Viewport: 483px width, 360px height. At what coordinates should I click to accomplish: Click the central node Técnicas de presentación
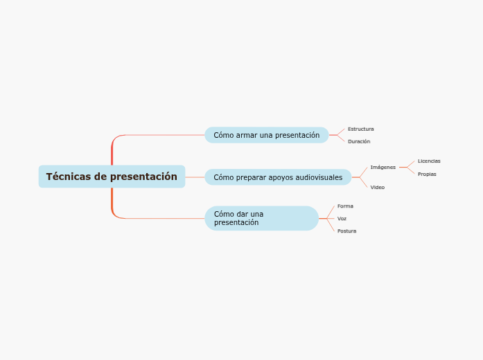(x=112, y=177)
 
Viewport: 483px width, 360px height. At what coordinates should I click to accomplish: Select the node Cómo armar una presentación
(x=266, y=135)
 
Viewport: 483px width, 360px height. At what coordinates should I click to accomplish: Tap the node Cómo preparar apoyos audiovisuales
(x=278, y=177)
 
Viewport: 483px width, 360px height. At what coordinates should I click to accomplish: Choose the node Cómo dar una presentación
(x=261, y=218)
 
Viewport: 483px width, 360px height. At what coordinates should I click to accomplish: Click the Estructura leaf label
(x=360, y=129)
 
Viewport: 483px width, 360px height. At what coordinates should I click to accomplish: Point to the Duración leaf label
(x=359, y=141)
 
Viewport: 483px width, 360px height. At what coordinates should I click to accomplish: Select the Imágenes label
(x=383, y=167)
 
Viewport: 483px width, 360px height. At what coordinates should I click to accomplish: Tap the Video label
(x=377, y=187)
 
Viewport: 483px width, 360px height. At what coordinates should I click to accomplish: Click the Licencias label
(x=429, y=161)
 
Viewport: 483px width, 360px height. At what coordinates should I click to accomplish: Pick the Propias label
(x=427, y=174)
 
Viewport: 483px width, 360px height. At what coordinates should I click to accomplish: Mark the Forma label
(x=345, y=206)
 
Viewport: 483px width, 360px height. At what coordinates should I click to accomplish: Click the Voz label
(x=342, y=218)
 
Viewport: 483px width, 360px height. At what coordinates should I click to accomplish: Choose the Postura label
(x=346, y=231)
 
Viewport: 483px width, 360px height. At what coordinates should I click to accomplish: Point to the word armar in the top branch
(x=247, y=135)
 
